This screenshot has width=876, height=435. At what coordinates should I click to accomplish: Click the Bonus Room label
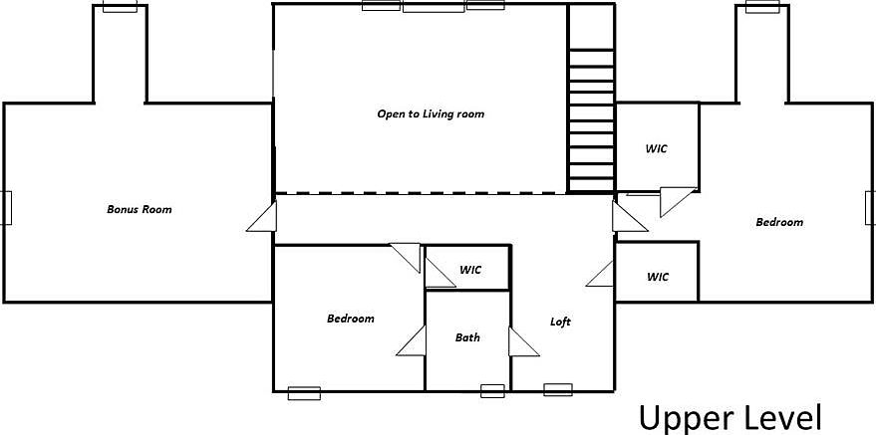(140, 210)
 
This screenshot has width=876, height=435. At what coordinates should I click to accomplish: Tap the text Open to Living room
(431, 114)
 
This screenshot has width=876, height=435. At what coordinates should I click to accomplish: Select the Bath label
(467, 337)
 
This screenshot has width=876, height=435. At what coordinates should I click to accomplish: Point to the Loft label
(560, 322)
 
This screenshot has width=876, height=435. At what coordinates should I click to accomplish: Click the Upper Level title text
(730, 418)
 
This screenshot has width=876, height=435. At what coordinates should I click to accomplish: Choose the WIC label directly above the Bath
(470, 270)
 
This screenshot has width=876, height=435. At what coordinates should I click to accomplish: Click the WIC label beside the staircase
(657, 149)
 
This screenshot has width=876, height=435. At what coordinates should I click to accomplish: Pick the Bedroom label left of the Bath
(350, 319)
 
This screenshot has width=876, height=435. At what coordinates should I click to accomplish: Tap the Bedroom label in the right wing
(779, 222)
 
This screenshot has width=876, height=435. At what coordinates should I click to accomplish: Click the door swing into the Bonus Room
(262, 217)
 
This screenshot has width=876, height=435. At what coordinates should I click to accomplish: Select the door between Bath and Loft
(523, 341)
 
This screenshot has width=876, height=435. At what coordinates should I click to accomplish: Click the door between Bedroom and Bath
(412, 340)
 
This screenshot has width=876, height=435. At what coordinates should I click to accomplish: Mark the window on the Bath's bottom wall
(492, 391)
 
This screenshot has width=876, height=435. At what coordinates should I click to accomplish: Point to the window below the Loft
(557, 390)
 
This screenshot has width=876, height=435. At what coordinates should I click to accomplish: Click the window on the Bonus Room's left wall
(6, 208)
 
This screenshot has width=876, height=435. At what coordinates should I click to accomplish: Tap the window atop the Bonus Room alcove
(121, 6)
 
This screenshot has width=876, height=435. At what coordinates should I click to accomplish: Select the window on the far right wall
(870, 208)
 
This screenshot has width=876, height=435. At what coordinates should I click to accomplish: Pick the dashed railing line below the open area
(422, 193)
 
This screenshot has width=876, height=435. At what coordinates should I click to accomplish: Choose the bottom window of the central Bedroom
(304, 393)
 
